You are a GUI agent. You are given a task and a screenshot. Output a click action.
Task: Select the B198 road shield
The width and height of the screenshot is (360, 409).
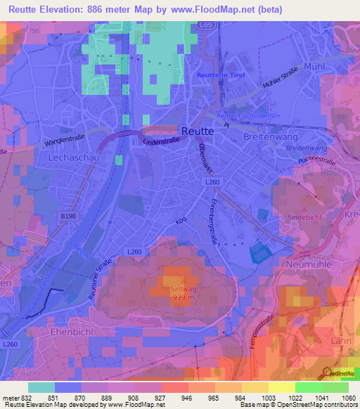click(68, 216)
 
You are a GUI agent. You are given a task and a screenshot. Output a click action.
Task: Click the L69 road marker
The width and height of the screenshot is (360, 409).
click(205, 25)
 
